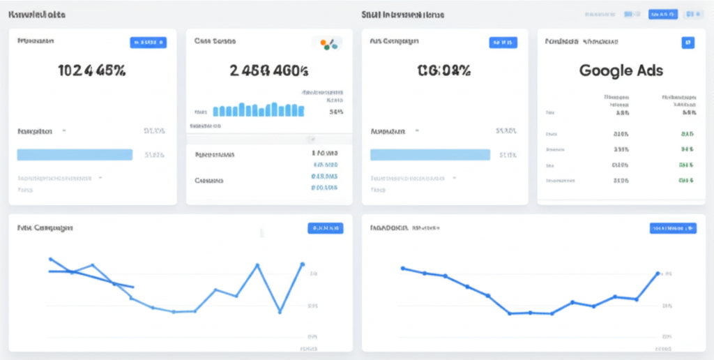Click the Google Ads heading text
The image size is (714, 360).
(x=621, y=70)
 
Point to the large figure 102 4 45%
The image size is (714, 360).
(x=92, y=70)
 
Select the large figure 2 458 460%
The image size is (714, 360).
(x=269, y=70)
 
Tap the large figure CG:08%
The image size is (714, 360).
(x=443, y=70)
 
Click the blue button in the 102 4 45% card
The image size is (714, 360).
(x=149, y=43)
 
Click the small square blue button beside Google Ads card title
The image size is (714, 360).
(x=688, y=43)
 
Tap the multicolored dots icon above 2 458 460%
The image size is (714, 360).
(x=328, y=45)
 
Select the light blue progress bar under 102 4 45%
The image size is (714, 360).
(x=75, y=154)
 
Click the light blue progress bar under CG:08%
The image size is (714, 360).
(x=430, y=154)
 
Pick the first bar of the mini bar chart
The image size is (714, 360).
(x=215, y=111)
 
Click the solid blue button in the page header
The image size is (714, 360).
(x=662, y=14)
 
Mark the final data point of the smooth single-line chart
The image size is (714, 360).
(x=657, y=273)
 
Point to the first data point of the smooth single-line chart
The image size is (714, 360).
(x=402, y=268)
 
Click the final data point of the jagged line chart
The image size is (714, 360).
(x=302, y=264)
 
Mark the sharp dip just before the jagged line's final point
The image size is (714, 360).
(x=280, y=311)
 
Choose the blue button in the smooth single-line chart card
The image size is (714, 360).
(x=672, y=227)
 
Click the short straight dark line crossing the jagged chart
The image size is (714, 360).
(x=91, y=278)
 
